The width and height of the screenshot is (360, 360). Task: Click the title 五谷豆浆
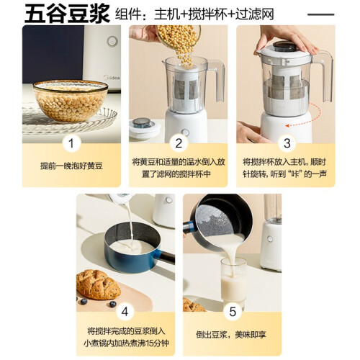pos(67,14)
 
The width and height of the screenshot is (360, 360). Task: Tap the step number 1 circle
pos(71,143)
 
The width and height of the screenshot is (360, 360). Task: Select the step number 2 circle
pos(179,143)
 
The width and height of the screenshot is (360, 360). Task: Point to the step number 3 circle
pos(287,143)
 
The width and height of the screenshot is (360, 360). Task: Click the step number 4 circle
pos(125,312)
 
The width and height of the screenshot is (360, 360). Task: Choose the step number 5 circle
pos(233,312)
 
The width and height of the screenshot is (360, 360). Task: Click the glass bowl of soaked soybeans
pos(71,101)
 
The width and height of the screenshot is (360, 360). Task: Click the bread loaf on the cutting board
pos(98,284)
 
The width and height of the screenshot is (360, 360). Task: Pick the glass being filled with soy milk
pos(233,283)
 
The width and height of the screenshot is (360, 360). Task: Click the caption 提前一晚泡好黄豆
pos(71,166)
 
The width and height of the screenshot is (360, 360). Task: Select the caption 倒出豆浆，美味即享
pos(231,335)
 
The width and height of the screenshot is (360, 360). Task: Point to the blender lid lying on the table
pos(145,128)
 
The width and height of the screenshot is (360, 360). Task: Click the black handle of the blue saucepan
pos(166,257)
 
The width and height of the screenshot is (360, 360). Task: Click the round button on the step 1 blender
pos(112,41)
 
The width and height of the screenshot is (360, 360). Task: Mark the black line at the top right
pos(321,14)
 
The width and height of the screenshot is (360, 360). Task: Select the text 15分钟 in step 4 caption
pos(158,343)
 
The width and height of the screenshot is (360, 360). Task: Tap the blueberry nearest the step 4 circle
pos(113,304)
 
